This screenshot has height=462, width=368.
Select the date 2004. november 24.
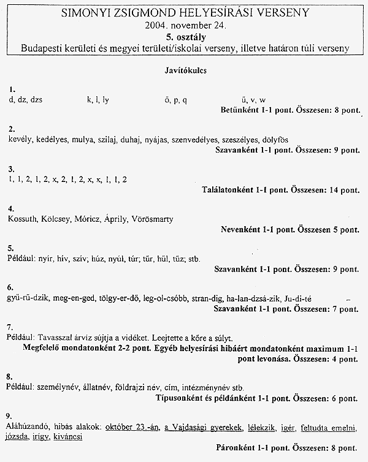185,26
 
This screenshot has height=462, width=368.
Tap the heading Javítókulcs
185,70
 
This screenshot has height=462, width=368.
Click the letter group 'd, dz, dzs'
25,99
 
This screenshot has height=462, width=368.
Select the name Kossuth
23,219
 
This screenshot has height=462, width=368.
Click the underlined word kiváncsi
67,437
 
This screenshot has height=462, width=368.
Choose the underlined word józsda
19,437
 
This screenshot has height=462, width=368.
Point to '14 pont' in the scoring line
344,190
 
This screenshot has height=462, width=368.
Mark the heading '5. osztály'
185,37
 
